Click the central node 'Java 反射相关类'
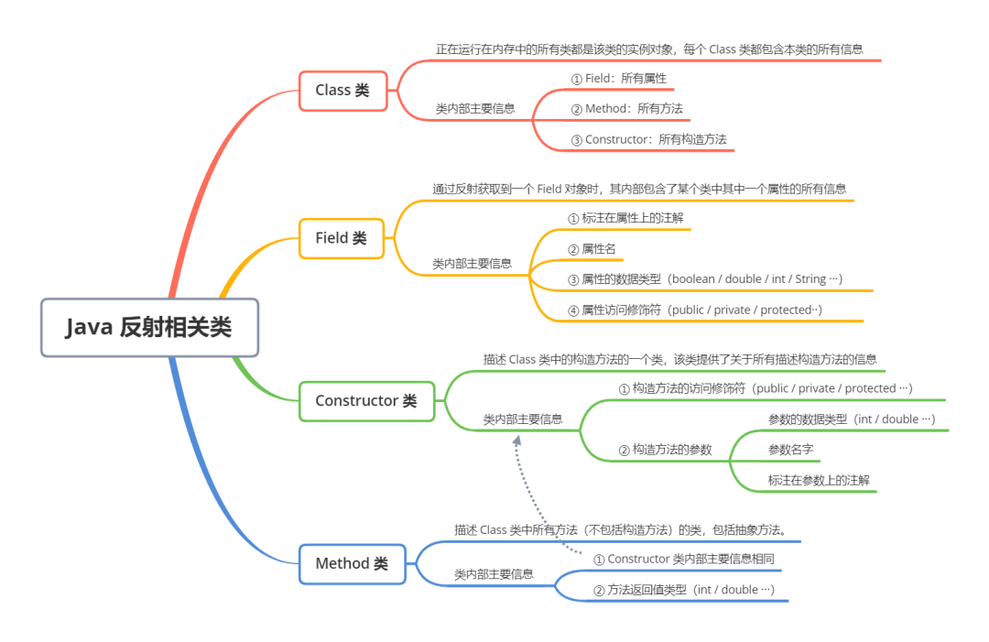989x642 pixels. pyautogui.click(x=149, y=328)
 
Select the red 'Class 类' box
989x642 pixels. pyautogui.click(x=342, y=90)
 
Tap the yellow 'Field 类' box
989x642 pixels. pyautogui.click(x=342, y=238)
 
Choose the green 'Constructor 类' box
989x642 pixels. pyautogui.click(x=366, y=400)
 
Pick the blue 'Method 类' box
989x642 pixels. pyautogui.click(x=352, y=563)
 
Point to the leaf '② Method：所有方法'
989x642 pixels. pyautogui.click(x=626, y=109)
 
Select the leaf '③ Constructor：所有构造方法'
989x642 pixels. pyautogui.click(x=648, y=140)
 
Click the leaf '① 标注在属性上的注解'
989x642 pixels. pyautogui.click(x=625, y=218)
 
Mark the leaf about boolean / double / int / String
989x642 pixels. pyautogui.click(x=704, y=279)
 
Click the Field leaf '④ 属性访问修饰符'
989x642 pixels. pyautogui.click(x=695, y=310)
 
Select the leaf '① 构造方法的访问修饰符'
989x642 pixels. pyautogui.click(x=766, y=388)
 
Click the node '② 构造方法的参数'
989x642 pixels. pyautogui.click(x=665, y=450)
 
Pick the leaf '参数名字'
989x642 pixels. pyautogui.click(x=790, y=450)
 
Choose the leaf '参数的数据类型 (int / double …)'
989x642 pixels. pyautogui.click(x=852, y=419)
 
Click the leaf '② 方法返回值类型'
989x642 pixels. pyautogui.click(x=684, y=590)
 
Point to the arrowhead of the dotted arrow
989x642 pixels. pyautogui.click(x=517, y=441)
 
